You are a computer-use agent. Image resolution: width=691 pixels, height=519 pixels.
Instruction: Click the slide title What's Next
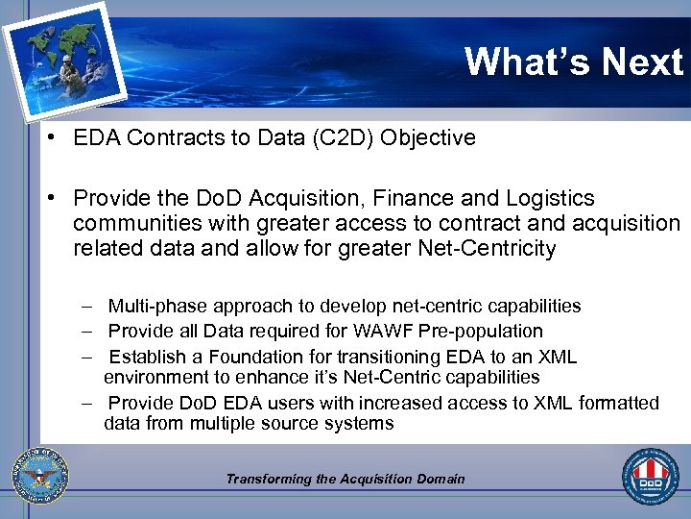(x=573, y=62)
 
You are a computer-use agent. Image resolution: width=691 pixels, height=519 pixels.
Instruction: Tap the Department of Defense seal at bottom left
(x=40, y=477)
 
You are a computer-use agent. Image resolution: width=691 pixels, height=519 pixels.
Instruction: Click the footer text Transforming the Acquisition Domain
(x=345, y=479)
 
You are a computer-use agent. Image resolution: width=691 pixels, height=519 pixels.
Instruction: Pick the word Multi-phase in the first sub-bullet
(x=155, y=306)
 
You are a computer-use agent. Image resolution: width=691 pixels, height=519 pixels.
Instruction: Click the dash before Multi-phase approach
(x=86, y=306)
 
